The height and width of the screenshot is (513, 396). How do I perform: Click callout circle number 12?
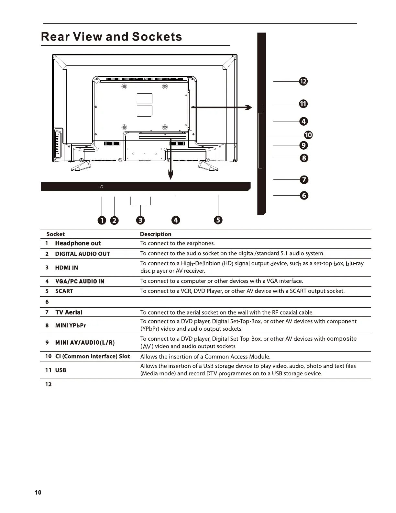[303, 82]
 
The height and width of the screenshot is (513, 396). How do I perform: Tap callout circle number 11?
[303, 104]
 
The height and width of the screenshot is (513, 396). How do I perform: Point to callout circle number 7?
[304, 180]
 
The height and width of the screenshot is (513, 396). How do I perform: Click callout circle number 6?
[304, 196]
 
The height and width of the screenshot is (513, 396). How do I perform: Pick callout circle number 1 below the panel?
[102, 221]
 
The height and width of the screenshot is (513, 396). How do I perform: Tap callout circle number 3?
[140, 221]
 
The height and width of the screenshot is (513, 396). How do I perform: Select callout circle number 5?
[218, 221]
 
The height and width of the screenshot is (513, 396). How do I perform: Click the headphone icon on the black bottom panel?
[102, 187]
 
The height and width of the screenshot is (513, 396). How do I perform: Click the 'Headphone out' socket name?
[78, 244]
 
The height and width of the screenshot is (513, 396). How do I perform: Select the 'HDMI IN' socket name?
[66, 268]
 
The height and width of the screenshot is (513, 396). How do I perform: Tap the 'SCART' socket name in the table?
[64, 291]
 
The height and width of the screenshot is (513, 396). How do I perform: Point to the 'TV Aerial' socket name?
[69, 313]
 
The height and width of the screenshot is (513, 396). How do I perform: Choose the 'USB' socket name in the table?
[60, 370]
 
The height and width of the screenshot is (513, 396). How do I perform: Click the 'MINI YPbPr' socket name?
[71, 325]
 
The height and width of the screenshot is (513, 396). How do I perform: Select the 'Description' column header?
[156, 234]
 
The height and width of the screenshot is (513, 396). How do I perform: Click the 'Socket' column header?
[55, 234]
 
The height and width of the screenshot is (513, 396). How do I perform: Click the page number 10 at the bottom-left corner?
[38, 493]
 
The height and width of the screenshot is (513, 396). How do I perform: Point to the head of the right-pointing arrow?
[249, 108]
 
